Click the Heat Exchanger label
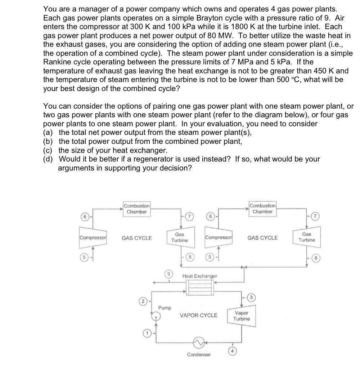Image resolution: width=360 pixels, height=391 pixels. coord(200,276)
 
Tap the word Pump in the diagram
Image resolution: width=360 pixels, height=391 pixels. coord(165,308)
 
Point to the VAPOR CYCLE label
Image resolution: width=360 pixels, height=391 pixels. coord(198,315)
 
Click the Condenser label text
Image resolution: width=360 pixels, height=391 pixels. coord(199,355)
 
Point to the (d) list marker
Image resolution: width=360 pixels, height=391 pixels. coord(48,159)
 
